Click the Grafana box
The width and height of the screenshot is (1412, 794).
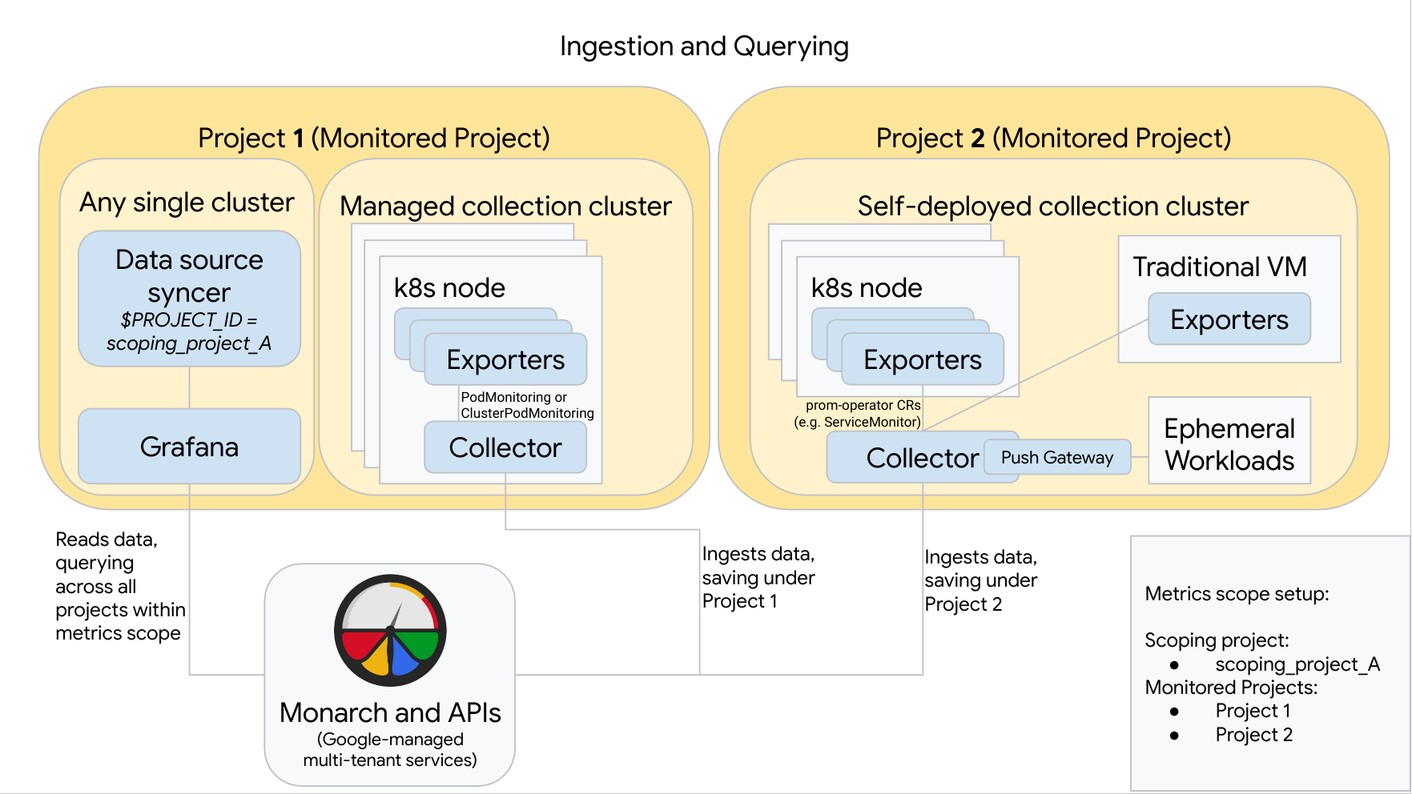189,447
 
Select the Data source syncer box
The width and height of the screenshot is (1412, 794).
189,298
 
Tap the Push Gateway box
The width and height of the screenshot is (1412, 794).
1056,457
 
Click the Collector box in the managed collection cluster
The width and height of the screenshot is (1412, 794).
505,447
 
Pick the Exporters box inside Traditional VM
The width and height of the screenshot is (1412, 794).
1229,319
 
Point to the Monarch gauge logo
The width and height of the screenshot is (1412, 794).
390,630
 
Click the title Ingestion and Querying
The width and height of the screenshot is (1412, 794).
704,46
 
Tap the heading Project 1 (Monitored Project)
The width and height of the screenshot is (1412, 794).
373,138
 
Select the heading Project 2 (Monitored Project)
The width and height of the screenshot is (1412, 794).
1053,138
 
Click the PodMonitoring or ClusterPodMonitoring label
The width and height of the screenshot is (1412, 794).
526,405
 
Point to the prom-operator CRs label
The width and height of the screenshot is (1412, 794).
858,413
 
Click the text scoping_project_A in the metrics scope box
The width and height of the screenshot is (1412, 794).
1297,664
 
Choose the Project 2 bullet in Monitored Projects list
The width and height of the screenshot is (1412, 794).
1253,735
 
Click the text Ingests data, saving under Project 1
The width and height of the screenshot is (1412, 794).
758,577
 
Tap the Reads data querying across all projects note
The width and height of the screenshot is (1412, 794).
119,586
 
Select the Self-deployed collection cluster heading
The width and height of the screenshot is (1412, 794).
1052,207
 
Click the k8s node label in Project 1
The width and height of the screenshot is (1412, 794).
449,288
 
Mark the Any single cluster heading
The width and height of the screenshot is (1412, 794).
187,202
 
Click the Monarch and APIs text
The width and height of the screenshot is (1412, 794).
390,712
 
